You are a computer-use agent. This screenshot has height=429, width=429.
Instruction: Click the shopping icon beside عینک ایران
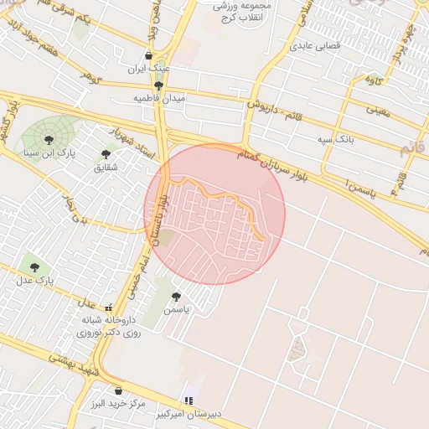(x=149, y=55)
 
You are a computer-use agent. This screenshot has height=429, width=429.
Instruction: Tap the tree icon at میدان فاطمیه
(x=158, y=85)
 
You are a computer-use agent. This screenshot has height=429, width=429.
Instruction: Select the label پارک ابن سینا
(x=49, y=153)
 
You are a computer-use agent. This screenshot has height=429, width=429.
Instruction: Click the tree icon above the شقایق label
(x=106, y=154)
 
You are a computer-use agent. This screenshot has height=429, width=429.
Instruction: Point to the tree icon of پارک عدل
(x=34, y=267)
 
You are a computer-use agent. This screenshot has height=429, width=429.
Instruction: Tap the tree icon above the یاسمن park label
(x=176, y=297)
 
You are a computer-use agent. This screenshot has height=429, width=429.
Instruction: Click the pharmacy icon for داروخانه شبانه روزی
(x=108, y=308)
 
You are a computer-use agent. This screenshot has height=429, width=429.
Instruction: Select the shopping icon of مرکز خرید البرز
(x=118, y=390)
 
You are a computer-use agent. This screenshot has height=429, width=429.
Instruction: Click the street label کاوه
(x=375, y=80)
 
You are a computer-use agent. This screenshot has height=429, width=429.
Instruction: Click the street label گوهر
(x=90, y=77)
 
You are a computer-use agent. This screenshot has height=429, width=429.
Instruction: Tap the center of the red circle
(x=214, y=214)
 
